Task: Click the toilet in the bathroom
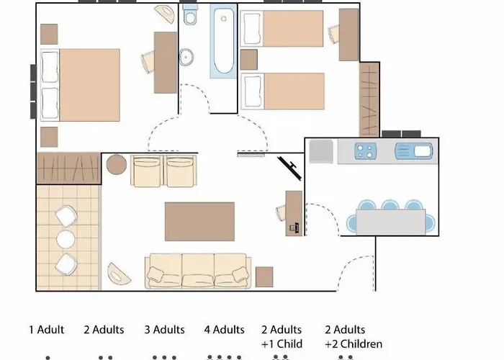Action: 190,15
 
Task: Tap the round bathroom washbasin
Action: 186,57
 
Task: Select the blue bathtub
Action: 223,41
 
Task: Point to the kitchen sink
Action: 413,151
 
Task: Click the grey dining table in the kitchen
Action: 390,222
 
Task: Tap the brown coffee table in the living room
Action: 199,222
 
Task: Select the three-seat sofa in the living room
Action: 198,271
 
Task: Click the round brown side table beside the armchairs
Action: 117,164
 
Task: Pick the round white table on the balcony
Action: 66,239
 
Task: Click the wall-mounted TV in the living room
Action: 290,168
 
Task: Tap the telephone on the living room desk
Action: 294,228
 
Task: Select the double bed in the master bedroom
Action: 81,85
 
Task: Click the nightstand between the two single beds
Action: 249,60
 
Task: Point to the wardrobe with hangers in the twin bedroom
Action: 369,99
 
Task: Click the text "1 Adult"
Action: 47,330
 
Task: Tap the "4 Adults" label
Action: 225,330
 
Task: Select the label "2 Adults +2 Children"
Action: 354,337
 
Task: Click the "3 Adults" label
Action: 165,330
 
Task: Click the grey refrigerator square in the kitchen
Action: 321,151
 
